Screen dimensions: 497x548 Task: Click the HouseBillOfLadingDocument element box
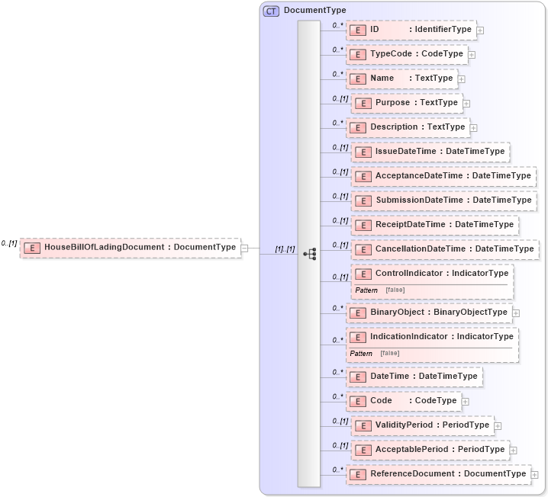pyautogui.click(x=130, y=247)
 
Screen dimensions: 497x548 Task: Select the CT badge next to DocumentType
pyautogui.click(x=271, y=11)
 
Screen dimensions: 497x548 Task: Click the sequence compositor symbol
pyautogui.click(x=309, y=254)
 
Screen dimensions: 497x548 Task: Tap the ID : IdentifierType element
pyautogui.click(x=411, y=30)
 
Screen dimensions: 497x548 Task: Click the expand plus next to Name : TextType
pyautogui.click(x=462, y=79)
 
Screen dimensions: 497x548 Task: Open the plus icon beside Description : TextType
pyautogui.click(x=473, y=128)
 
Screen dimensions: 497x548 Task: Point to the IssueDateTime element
pyautogui.click(x=430, y=152)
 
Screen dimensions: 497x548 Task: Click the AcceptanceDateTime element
pyautogui.click(x=443, y=176)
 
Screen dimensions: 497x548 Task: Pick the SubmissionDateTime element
pyautogui.click(x=443, y=200)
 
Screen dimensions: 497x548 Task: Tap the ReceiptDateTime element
pyautogui.click(x=434, y=225)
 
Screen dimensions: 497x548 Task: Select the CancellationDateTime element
pyautogui.click(x=445, y=249)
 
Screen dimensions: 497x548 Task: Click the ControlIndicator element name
pyautogui.click(x=408, y=273)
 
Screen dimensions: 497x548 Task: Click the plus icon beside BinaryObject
pyautogui.click(x=516, y=313)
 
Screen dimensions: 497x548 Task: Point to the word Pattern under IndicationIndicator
pyautogui.click(x=361, y=353)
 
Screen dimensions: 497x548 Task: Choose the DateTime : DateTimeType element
pyautogui.click(x=414, y=376)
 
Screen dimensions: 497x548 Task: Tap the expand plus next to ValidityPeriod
pyautogui.click(x=498, y=425)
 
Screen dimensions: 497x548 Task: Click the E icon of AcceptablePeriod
pyautogui.click(x=363, y=450)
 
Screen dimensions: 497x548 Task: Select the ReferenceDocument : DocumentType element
pyautogui.click(x=438, y=474)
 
